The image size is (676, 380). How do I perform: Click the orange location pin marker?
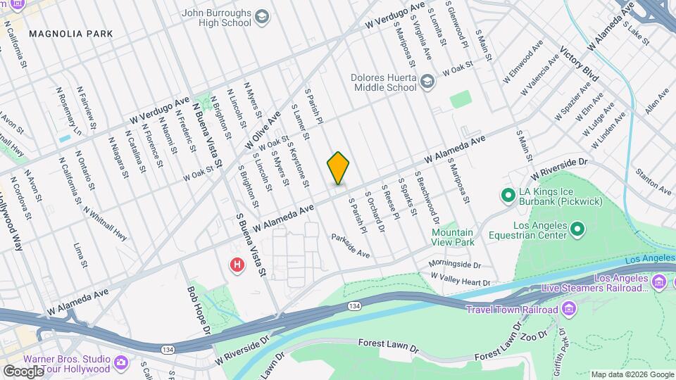(x=339, y=168)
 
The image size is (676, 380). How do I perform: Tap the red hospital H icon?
(x=238, y=265)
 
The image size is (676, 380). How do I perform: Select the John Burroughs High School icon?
(x=262, y=17)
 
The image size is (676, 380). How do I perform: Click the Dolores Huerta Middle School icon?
(x=427, y=82)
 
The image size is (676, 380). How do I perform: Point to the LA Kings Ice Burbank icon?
(x=506, y=194)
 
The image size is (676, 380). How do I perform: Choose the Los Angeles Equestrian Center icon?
(x=577, y=229)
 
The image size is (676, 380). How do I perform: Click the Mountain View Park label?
(x=452, y=237)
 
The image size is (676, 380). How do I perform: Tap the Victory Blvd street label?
(x=579, y=63)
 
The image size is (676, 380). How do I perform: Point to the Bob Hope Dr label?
(x=199, y=310)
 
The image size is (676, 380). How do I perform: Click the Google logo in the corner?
(x=23, y=371)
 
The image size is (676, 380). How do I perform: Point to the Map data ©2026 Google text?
(x=631, y=374)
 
